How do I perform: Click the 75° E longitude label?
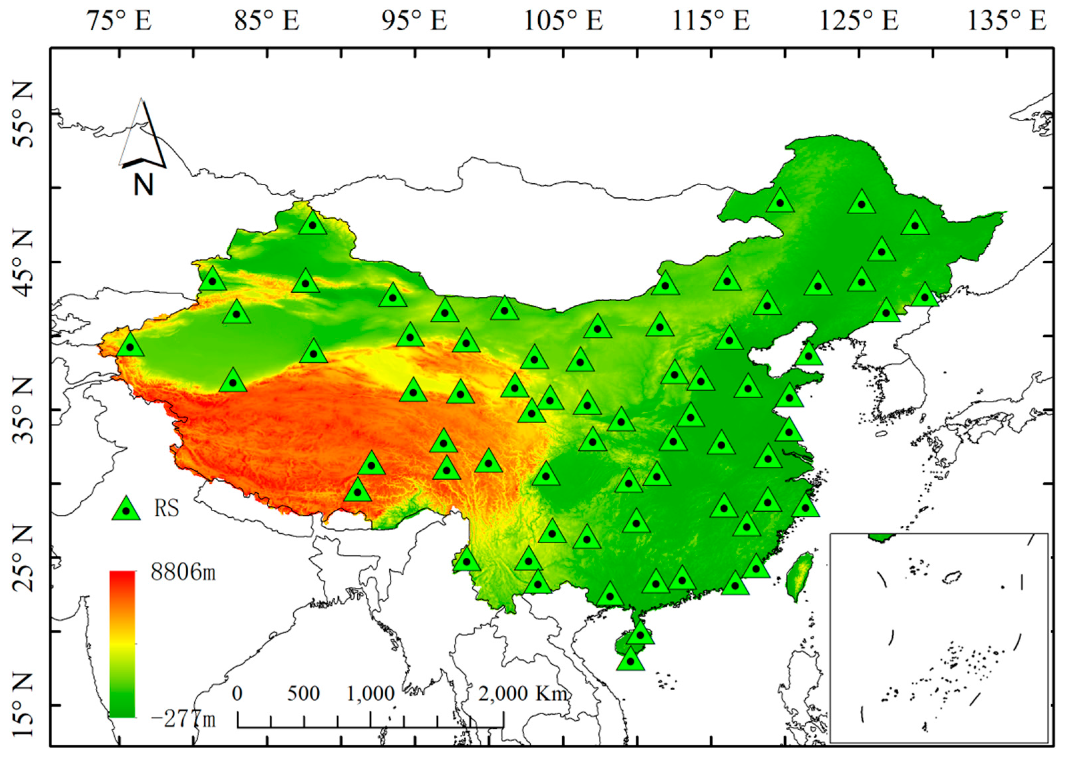point(120,21)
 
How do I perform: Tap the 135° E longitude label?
point(1007,21)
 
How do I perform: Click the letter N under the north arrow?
point(143,185)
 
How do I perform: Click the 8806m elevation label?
point(183,572)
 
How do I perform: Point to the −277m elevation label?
point(183,719)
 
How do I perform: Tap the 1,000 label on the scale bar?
point(370,694)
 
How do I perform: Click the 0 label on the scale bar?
point(237,694)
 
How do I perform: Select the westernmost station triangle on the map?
point(130,346)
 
